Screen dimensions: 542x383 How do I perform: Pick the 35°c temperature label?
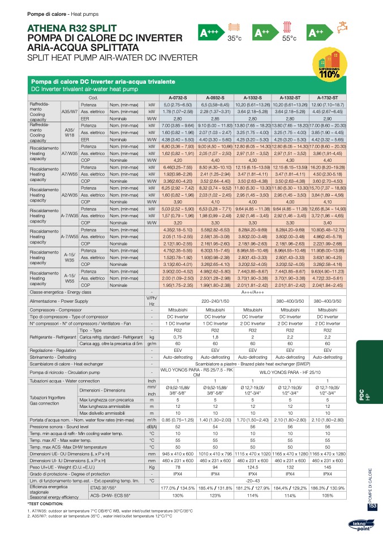[234, 38]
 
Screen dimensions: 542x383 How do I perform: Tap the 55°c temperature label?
[289, 38]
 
